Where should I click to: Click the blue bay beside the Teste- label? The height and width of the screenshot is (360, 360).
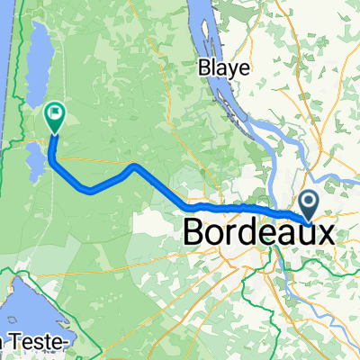[22, 306]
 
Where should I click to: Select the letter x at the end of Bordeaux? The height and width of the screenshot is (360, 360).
[333, 233]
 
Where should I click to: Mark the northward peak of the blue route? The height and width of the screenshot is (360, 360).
[133, 166]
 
